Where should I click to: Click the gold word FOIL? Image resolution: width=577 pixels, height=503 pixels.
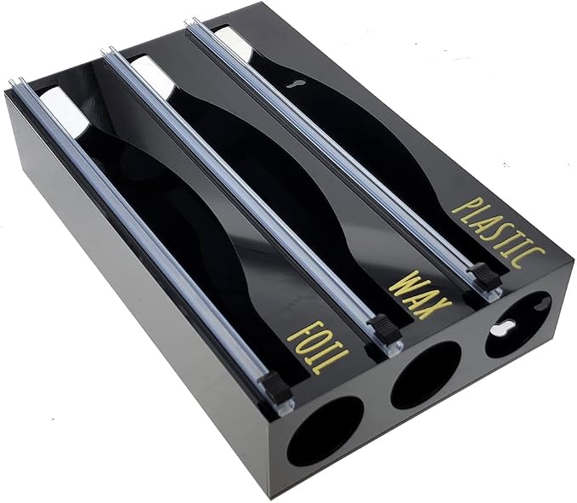319,347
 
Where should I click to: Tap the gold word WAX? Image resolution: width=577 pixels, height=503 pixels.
420,294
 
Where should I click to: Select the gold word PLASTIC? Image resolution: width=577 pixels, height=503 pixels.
499,231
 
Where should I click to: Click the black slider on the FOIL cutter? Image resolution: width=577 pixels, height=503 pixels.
275,387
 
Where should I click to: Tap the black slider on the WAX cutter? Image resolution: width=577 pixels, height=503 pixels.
384,328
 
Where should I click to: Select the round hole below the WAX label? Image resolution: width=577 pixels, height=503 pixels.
425,374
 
